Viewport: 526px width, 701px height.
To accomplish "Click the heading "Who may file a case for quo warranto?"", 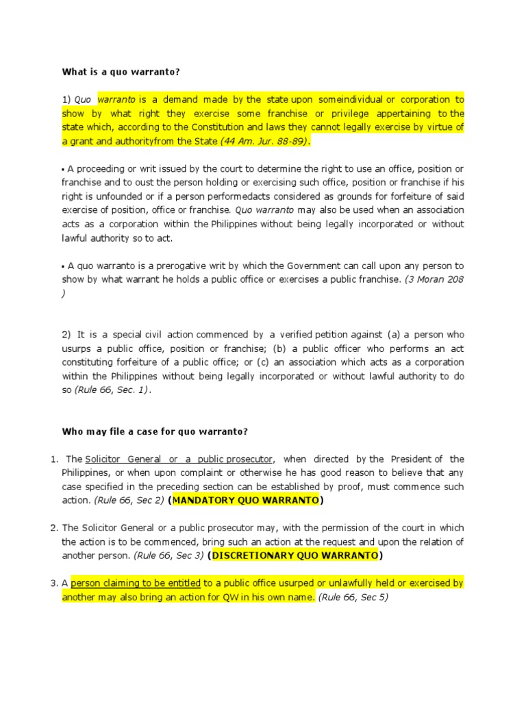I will pos(155,431).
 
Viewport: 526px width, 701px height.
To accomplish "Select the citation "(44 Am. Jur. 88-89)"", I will pos(264,141).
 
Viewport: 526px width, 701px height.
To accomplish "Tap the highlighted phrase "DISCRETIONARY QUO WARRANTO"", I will pos(295,555).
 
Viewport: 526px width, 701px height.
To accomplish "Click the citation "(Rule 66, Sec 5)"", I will pos(353,597).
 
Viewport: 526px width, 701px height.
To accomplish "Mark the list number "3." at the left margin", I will pos(55,583).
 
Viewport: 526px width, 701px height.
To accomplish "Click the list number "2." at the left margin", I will pos(55,528).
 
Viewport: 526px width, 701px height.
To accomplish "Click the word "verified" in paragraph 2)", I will pos(295,334).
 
